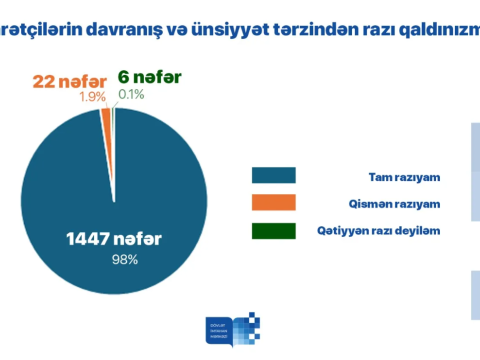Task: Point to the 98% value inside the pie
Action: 125,260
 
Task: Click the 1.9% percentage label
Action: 92,98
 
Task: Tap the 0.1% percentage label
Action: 130,94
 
